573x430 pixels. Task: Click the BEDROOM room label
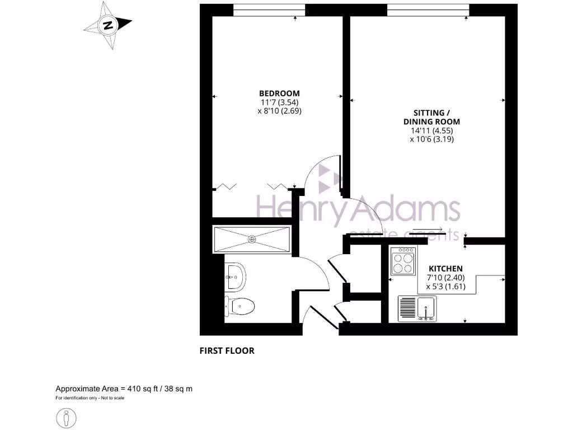tap(279, 93)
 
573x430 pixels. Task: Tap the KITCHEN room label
tap(445, 269)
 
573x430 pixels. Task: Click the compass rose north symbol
tap(108, 25)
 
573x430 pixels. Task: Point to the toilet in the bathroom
tap(241, 306)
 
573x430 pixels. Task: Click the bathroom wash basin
tap(236, 276)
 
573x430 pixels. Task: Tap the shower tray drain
tap(252, 239)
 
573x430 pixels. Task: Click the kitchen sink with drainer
tap(417, 309)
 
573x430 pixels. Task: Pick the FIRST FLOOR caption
tap(227, 351)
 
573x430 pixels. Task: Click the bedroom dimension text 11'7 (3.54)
tap(279, 102)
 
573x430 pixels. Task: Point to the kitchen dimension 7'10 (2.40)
tap(445, 278)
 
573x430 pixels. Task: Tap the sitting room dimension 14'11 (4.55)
tap(431, 130)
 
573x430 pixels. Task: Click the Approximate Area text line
tap(124, 389)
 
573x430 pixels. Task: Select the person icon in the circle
tap(67, 418)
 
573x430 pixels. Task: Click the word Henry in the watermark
tap(288, 211)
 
